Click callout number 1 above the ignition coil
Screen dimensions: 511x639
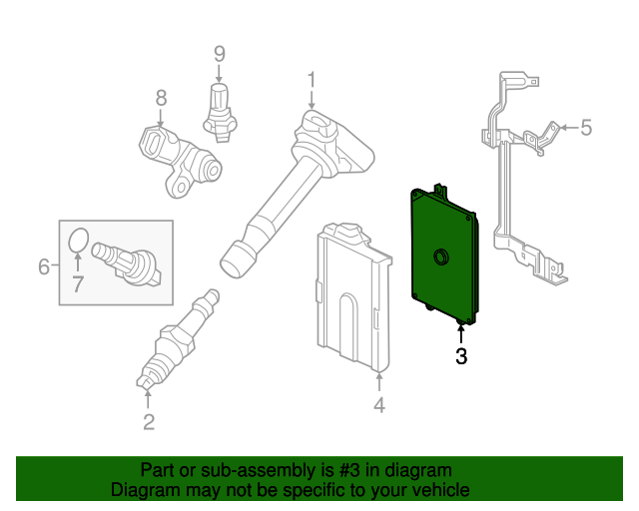(312, 79)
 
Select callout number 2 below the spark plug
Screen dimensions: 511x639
(149, 422)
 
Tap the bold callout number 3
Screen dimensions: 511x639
(460, 355)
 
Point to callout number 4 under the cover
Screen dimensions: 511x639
(379, 405)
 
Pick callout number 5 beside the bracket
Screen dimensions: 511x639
(586, 127)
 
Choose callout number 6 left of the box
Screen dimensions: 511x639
(44, 266)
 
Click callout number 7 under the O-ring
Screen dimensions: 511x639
(78, 285)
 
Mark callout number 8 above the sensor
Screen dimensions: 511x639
(161, 98)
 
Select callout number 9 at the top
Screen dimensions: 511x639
(220, 54)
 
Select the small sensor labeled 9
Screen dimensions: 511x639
(220, 108)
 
